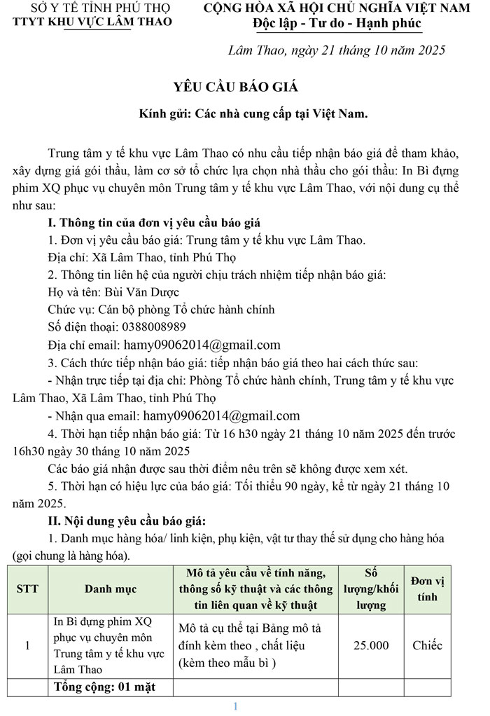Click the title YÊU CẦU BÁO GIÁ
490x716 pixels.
(236, 87)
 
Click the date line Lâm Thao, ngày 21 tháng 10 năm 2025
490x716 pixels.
(337, 50)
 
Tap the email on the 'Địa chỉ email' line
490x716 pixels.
(202, 344)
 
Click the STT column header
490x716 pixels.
(27, 588)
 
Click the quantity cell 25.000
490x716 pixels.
(371, 645)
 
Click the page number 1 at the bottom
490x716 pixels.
(236, 705)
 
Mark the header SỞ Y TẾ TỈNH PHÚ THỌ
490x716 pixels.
(91, 8)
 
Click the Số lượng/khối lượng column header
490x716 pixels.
(371, 588)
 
